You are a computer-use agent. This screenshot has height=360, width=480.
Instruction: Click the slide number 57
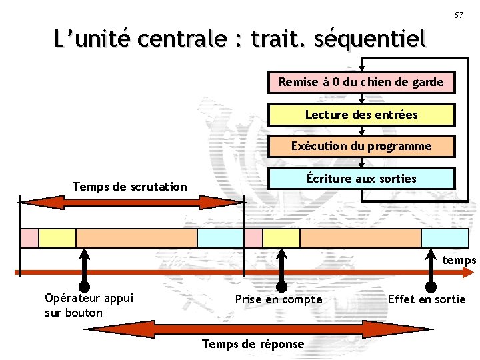[x=459, y=15]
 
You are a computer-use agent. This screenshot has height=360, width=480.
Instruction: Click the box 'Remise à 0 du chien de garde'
[x=361, y=83]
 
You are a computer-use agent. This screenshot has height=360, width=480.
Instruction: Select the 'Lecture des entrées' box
[x=361, y=115]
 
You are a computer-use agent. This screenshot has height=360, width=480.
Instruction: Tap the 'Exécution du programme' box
[x=361, y=146]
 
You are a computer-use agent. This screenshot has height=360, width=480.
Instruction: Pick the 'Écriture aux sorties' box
[x=361, y=179]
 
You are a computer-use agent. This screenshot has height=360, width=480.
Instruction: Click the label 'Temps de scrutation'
[x=130, y=187]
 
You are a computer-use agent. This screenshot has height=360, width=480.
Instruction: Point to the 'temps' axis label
[x=459, y=260]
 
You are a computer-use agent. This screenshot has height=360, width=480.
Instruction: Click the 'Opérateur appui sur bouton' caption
[x=89, y=305]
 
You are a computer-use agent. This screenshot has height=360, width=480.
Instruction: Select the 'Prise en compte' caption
[x=279, y=300]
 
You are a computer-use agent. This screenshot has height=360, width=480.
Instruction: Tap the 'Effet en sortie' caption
[x=427, y=299]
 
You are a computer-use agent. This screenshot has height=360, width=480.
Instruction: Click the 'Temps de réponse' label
[x=253, y=344]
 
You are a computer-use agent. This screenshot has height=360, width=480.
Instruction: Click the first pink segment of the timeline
[x=29, y=238]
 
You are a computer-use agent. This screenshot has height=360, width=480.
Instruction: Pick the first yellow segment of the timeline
[x=57, y=238]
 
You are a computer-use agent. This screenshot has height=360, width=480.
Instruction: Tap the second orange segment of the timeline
[x=361, y=238]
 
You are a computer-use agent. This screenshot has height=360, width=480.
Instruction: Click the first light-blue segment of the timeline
[x=221, y=238]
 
